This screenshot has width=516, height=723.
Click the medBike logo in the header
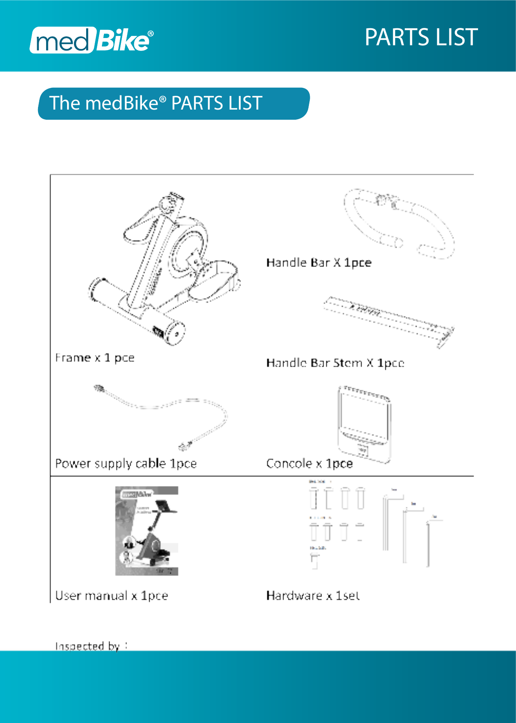[91, 40]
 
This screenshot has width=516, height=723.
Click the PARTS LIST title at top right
[421, 37]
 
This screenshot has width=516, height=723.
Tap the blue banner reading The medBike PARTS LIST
[174, 104]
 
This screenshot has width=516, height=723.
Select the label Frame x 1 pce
[95, 358]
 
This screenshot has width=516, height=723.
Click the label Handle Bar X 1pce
[319, 263]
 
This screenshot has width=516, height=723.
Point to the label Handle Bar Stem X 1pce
[335, 363]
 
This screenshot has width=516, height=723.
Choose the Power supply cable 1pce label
[126, 463]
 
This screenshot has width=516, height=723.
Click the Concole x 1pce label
[309, 463]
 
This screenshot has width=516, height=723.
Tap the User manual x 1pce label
[112, 596]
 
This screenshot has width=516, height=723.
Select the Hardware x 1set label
[313, 596]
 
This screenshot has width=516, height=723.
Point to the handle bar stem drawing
[388, 319]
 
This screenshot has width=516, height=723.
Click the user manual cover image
[146, 531]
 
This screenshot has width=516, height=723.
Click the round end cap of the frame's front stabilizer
[177, 334]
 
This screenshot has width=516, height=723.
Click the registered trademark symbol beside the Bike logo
[150, 34]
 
